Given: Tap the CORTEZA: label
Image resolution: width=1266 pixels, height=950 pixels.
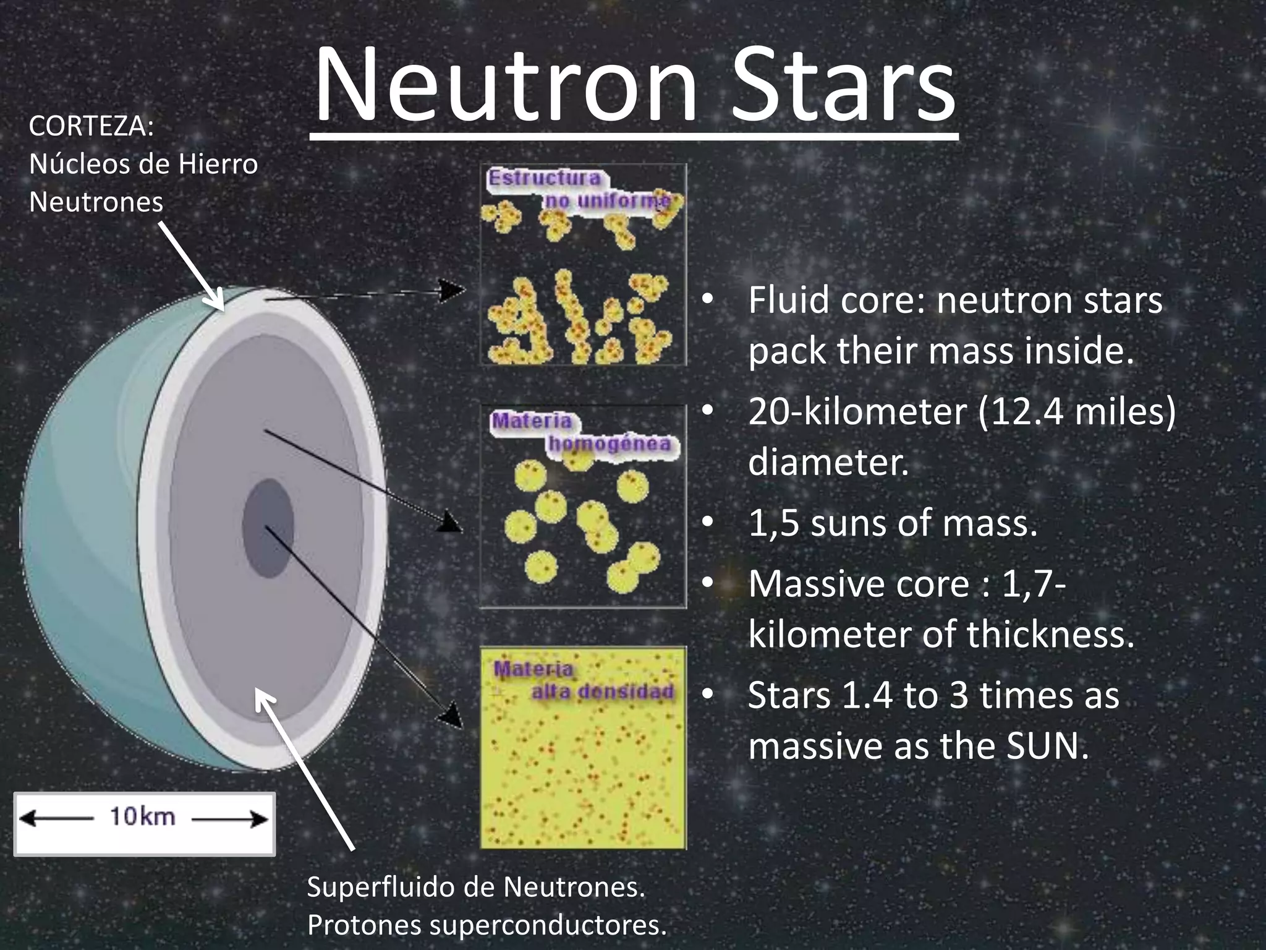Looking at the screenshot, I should pyautogui.click(x=91, y=126).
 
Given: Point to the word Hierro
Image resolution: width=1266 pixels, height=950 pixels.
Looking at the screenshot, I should pyautogui.click(x=218, y=165).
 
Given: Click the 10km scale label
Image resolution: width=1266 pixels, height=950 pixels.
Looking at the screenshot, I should pyautogui.click(x=143, y=817).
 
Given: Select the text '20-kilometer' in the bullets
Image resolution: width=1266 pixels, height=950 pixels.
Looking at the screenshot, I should pyautogui.click(x=857, y=411).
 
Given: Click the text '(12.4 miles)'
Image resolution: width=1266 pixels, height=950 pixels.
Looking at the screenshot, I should pyautogui.click(x=1077, y=411).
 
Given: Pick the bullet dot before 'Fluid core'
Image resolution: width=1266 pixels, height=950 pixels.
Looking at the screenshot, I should pyautogui.click(x=708, y=301).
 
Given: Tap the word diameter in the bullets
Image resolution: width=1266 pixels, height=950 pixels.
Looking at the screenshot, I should pyautogui.click(x=828, y=462).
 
